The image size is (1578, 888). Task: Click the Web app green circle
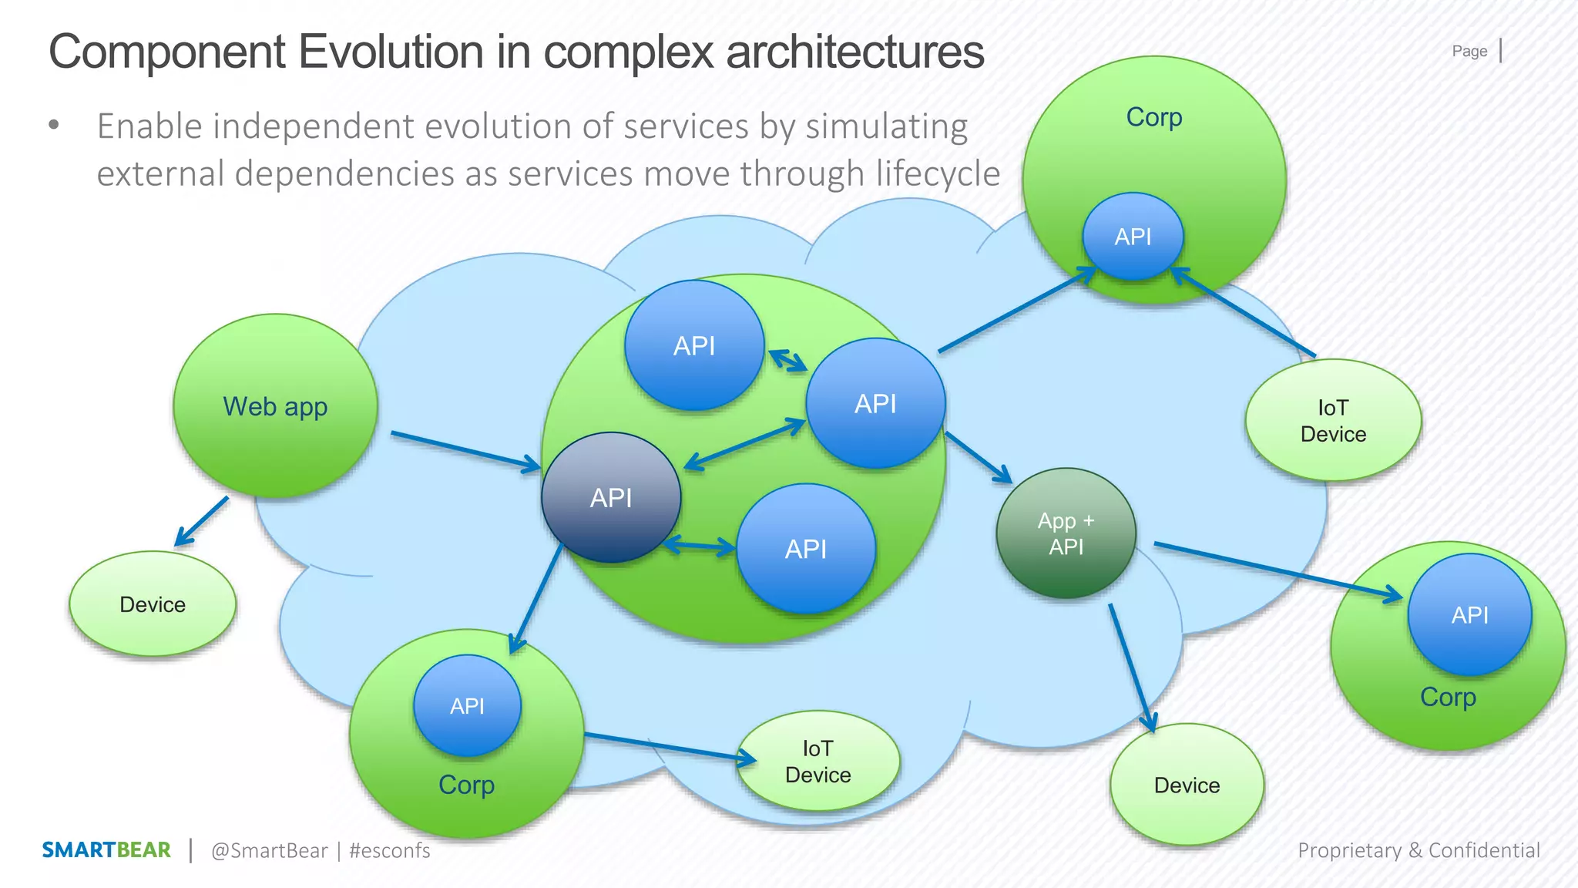275,406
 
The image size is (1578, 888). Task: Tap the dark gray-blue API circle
611,498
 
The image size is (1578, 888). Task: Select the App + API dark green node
1066,533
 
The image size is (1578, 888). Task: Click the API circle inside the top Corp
1133,237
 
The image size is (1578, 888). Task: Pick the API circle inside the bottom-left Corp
467,705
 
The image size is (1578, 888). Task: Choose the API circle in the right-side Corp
1469,614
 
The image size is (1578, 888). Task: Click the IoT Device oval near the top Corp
1333,421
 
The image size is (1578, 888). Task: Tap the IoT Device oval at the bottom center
818,762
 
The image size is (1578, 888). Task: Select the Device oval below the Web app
153,604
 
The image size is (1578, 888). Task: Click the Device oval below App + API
1187,785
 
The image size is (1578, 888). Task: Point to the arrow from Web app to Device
202,522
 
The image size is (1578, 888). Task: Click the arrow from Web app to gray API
465,451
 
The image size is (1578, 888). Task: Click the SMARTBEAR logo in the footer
106,850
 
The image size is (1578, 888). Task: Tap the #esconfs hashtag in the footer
389,851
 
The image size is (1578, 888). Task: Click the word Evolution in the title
391,52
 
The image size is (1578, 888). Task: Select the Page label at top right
1469,52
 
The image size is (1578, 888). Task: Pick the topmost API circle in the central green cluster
694,345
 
